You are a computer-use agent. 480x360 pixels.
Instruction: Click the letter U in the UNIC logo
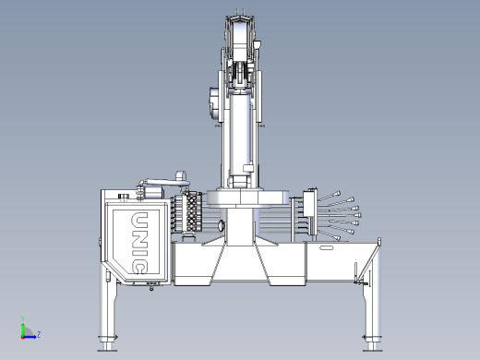(x=139, y=221)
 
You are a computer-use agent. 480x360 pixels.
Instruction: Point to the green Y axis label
(x=23, y=318)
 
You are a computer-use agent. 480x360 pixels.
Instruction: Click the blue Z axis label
(x=39, y=334)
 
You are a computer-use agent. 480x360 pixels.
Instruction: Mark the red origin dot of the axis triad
(x=22, y=337)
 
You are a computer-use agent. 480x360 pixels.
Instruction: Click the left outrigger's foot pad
(x=107, y=350)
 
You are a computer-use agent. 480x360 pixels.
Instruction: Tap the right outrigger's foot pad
(x=372, y=350)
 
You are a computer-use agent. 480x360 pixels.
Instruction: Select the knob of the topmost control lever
(x=337, y=194)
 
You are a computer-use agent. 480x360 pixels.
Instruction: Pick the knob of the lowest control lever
(x=337, y=238)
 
